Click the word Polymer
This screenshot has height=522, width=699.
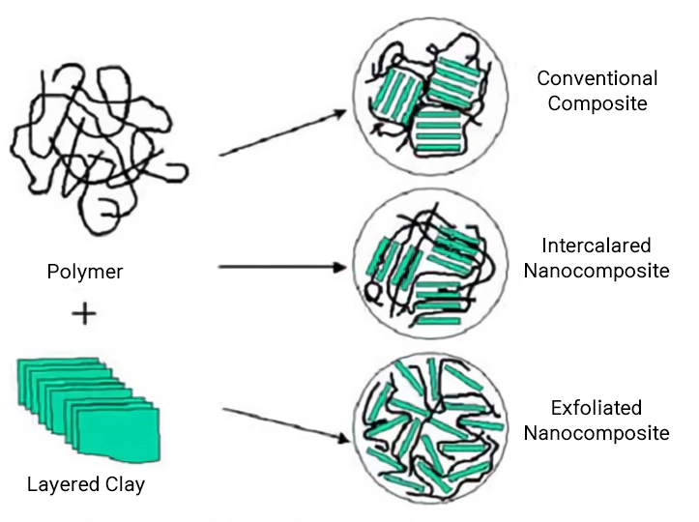click(x=85, y=272)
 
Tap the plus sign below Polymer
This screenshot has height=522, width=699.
click(x=84, y=314)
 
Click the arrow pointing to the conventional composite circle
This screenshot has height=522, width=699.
click(x=280, y=132)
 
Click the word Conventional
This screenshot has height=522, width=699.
click(x=597, y=78)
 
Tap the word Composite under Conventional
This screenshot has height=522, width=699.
click(x=597, y=103)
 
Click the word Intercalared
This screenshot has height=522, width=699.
click(x=597, y=246)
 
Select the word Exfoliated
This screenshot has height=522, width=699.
click(x=597, y=408)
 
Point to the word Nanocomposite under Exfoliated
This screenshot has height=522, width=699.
click(x=597, y=433)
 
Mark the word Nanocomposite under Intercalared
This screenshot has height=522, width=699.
click(x=597, y=271)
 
